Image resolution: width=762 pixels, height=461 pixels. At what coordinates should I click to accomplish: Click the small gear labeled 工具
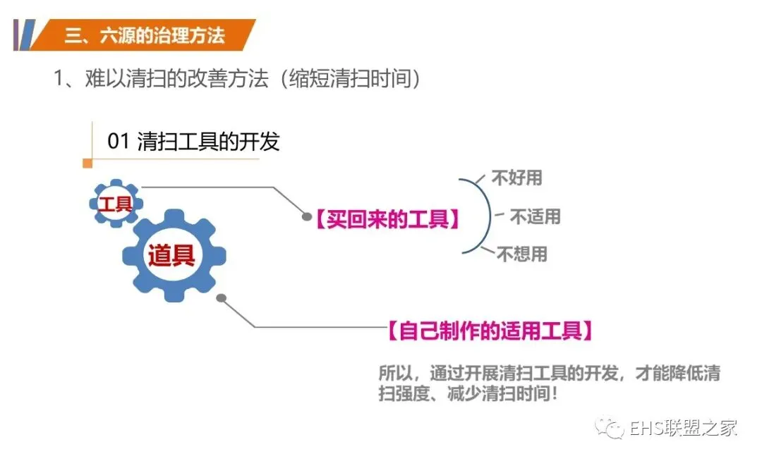click(116, 204)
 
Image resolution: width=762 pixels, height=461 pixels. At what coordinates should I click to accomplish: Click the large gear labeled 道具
click(172, 255)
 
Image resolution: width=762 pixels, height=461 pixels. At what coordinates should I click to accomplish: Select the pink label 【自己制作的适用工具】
click(490, 330)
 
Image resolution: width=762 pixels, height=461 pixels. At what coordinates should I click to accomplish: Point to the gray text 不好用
click(517, 178)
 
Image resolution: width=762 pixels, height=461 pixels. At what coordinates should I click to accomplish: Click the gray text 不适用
click(535, 216)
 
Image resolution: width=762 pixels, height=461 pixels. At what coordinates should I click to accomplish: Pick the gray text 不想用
click(522, 254)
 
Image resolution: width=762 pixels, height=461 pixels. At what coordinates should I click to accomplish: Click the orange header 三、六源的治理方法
click(145, 35)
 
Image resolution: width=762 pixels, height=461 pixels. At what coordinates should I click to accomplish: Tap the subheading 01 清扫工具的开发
click(193, 141)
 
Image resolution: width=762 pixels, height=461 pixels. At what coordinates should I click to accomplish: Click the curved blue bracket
click(485, 215)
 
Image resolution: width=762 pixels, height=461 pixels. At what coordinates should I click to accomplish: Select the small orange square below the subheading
click(87, 164)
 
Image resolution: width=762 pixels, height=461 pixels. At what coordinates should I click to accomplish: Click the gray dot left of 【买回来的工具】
click(307, 217)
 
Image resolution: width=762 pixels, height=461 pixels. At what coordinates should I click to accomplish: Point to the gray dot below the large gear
click(221, 298)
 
